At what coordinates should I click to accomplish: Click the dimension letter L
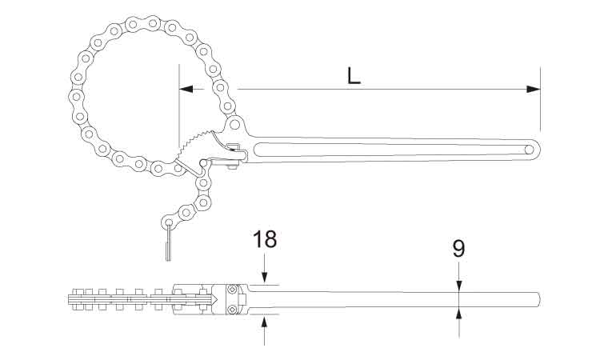[354, 75]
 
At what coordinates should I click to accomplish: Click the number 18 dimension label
[265, 238]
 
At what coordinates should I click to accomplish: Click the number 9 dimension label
[459, 249]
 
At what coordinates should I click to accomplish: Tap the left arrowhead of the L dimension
[186, 89]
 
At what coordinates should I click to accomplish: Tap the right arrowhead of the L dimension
[534, 89]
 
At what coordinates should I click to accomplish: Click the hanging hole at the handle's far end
[530, 150]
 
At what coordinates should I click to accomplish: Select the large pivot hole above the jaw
[234, 124]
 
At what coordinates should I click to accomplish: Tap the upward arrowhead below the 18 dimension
[265, 322]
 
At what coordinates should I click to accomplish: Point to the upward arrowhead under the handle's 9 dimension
[459, 314]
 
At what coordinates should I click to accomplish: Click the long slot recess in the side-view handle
[390, 150]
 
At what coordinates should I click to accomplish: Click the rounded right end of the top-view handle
[538, 299]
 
